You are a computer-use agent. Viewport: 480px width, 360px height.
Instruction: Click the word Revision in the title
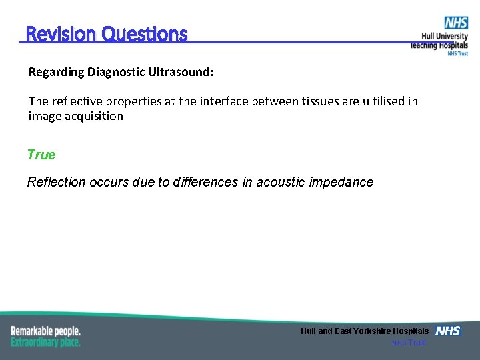(61, 34)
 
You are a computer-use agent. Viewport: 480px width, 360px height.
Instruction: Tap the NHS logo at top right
(456, 23)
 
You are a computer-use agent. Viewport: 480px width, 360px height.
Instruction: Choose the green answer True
(41, 155)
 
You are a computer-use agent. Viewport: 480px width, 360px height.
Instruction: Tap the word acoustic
(279, 182)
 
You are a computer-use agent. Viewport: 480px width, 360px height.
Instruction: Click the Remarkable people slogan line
(45, 331)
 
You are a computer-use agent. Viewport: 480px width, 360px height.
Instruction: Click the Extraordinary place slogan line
(45, 342)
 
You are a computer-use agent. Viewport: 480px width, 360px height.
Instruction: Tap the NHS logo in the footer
(447, 331)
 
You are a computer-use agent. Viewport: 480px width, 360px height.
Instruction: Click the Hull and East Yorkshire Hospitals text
(365, 331)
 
